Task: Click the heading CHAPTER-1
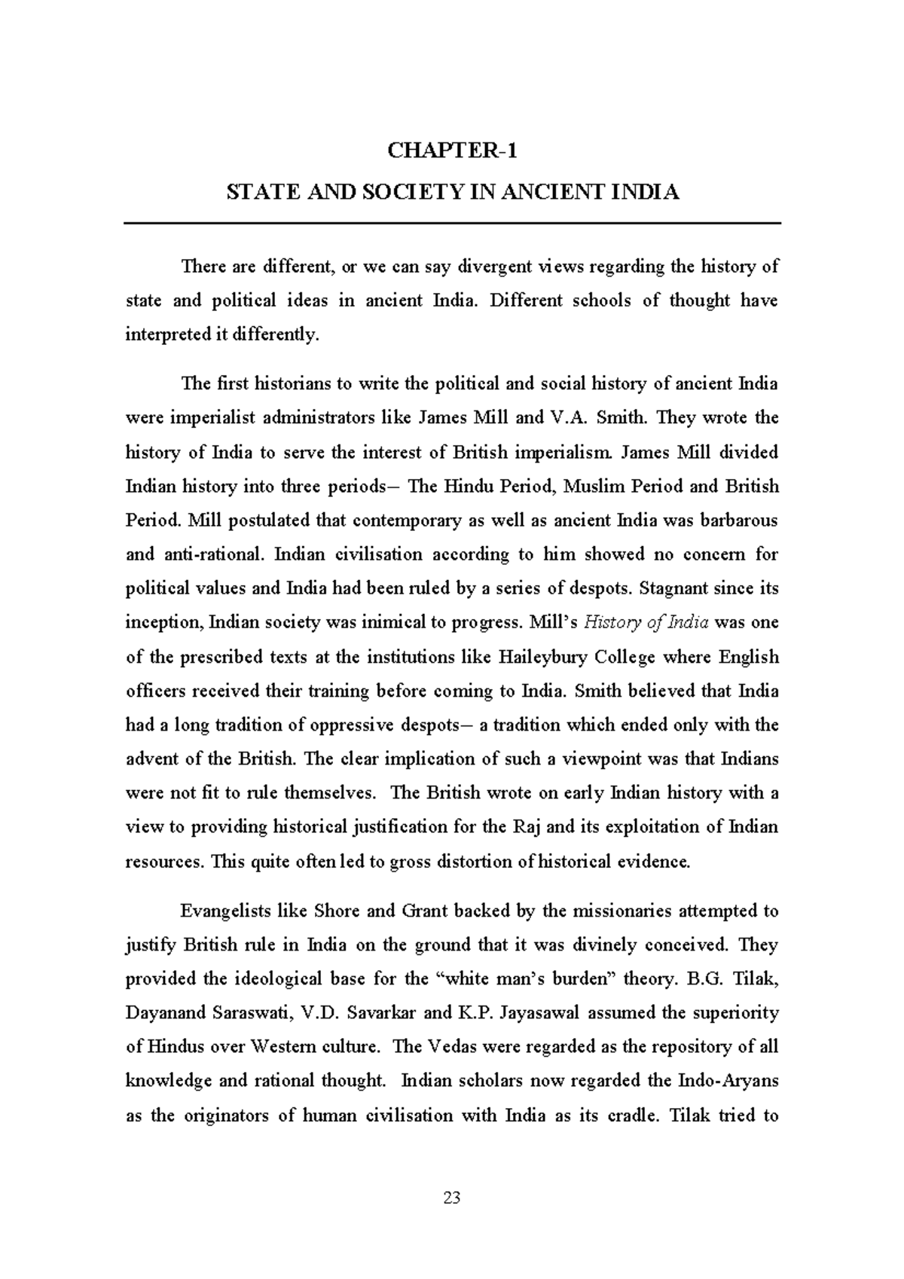pyautogui.click(x=452, y=151)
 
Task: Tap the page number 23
pyautogui.click(x=452, y=1198)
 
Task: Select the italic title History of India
pyautogui.click(x=646, y=623)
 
